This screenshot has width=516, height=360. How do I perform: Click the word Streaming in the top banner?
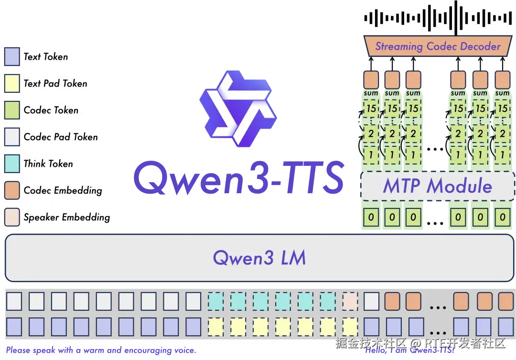(x=399, y=47)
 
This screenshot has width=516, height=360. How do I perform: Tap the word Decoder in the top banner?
(x=480, y=47)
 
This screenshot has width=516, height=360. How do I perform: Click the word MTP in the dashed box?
(x=402, y=185)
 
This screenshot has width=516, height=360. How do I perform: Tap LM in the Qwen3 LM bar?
(x=293, y=258)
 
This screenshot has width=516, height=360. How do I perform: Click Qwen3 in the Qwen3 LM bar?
(x=243, y=258)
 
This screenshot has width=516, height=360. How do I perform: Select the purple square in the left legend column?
(x=12, y=56)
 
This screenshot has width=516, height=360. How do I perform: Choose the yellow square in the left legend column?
(x=12, y=83)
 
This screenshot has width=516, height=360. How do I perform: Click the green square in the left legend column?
(x=12, y=109)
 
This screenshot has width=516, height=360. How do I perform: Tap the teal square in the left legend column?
(x=12, y=164)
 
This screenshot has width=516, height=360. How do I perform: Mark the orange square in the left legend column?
(x=12, y=190)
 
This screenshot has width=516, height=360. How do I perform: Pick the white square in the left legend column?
(x=12, y=137)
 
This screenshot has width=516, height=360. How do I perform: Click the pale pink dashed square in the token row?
(x=350, y=301)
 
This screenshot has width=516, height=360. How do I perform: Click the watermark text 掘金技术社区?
(x=370, y=343)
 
